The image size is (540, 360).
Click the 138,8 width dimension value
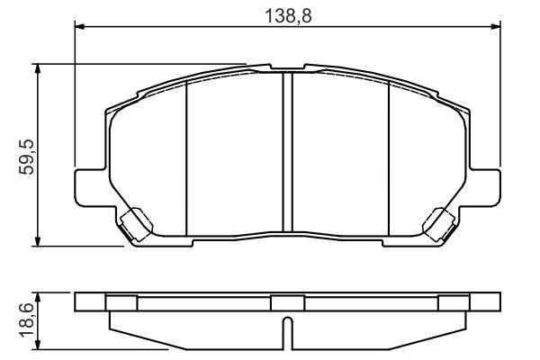[x=288, y=16]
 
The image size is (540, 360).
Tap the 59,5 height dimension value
[x=27, y=157]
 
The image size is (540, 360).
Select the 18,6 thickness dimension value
[x=27, y=320]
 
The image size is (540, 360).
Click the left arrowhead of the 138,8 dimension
[x=79, y=26]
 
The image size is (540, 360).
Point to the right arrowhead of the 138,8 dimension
[x=496, y=26]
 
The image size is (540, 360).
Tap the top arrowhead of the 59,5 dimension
[x=38, y=69]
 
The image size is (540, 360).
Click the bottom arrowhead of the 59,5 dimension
[x=38, y=241]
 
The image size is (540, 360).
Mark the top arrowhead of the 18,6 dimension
[x=38, y=298]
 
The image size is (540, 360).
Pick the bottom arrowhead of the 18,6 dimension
[x=38, y=344]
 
